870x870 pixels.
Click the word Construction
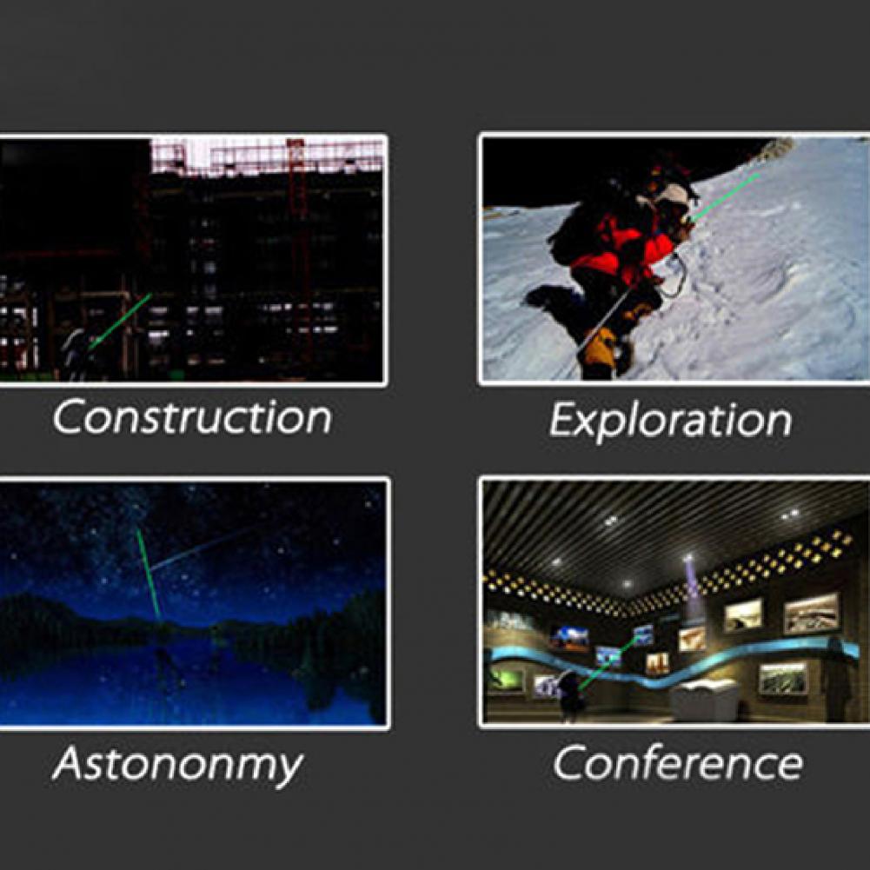[192, 417]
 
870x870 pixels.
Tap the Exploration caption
[670, 422]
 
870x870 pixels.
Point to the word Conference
[677, 762]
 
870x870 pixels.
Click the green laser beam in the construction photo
[120, 322]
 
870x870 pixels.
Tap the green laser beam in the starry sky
[149, 574]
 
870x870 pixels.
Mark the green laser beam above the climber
[724, 197]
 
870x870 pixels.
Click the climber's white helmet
[673, 196]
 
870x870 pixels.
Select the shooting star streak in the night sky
[200, 549]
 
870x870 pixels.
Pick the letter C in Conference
[569, 763]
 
